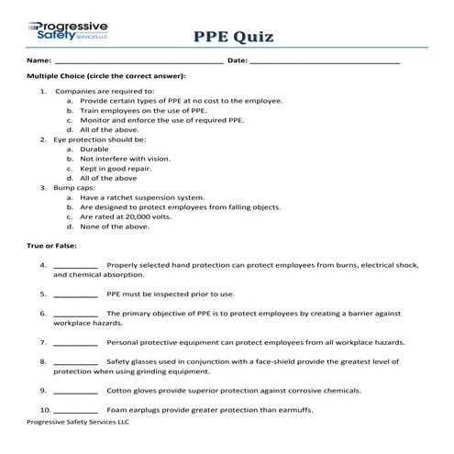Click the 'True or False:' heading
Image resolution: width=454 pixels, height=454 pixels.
point(53,246)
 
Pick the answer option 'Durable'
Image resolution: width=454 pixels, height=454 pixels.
point(94,149)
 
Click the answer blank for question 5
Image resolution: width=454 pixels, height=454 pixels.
point(76,295)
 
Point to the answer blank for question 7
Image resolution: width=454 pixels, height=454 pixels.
point(76,343)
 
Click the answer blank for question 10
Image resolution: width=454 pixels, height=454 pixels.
point(76,409)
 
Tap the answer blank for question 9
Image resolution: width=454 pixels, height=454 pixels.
point(76,391)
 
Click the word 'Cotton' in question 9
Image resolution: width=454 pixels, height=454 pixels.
point(120,390)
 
